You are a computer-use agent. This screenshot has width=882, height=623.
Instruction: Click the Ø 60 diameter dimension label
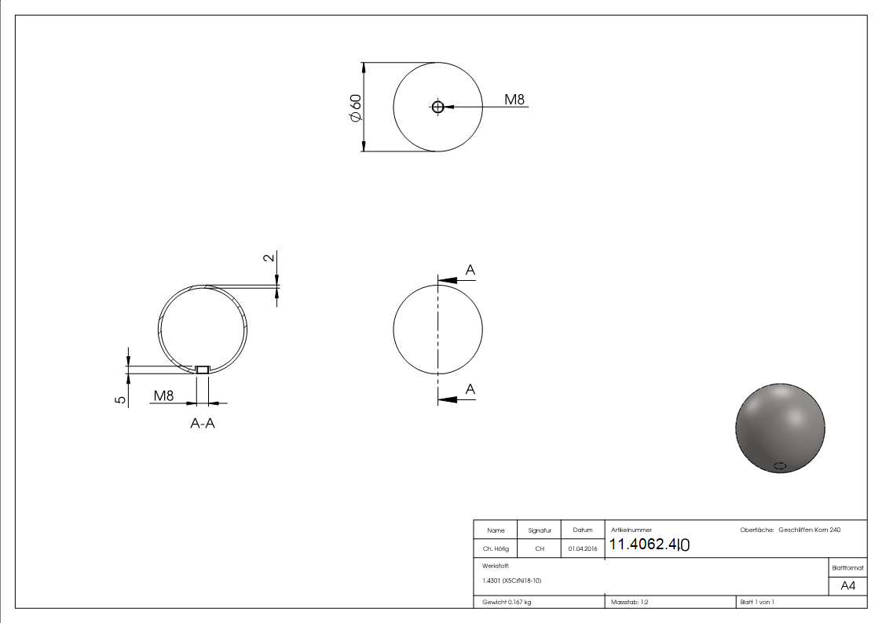coord(355,107)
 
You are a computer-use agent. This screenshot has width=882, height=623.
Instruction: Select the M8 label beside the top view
coord(514,100)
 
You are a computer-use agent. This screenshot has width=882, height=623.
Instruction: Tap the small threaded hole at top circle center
coord(438,107)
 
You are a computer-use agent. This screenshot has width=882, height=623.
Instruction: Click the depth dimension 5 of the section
coord(120,399)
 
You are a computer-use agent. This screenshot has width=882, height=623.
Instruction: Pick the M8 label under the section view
coord(163,395)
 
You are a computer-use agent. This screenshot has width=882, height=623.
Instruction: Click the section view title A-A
coord(203,424)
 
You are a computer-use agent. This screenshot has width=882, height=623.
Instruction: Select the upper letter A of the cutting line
coord(470,271)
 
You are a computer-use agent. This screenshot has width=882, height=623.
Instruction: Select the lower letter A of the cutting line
coord(470,389)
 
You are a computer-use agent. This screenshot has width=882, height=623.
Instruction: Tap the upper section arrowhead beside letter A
coord(447,279)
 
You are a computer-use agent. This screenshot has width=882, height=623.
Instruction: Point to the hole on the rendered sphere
coord(780,465)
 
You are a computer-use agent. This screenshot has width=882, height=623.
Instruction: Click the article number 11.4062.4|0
coord(650,545)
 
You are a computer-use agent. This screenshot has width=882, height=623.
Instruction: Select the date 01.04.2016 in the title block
coord(582,549)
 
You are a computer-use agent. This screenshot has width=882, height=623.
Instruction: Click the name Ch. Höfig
coord(496,549)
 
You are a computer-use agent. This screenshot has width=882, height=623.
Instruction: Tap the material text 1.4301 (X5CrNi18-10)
coord(511,581)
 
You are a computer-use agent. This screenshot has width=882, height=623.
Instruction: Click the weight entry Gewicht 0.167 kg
coord(507,602)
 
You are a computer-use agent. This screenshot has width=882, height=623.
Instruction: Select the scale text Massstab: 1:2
coord(630,602)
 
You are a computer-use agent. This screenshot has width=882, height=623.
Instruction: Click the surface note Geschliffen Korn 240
coord(809,530)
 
